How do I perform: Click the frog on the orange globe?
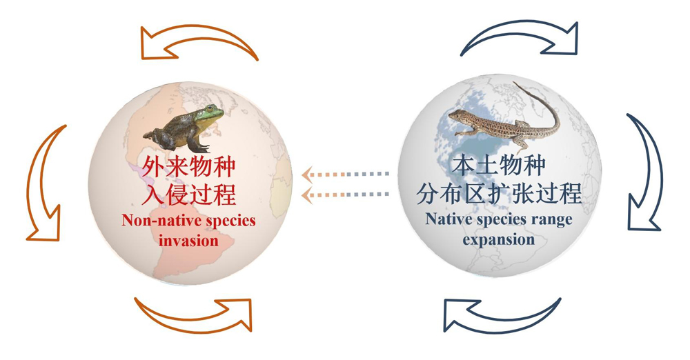click(184, 128)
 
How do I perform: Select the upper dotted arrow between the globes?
click(346, 174)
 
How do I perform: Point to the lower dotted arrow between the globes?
click(346, 194)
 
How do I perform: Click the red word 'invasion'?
click(189, 241)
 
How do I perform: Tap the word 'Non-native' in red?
click(152, 220)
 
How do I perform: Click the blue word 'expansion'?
click(499, 240)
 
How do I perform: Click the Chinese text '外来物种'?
click(188, 167)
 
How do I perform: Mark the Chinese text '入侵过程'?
click(188, 194)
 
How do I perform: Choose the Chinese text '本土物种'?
click(499, 166)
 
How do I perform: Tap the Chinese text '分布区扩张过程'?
click(499, 194)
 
